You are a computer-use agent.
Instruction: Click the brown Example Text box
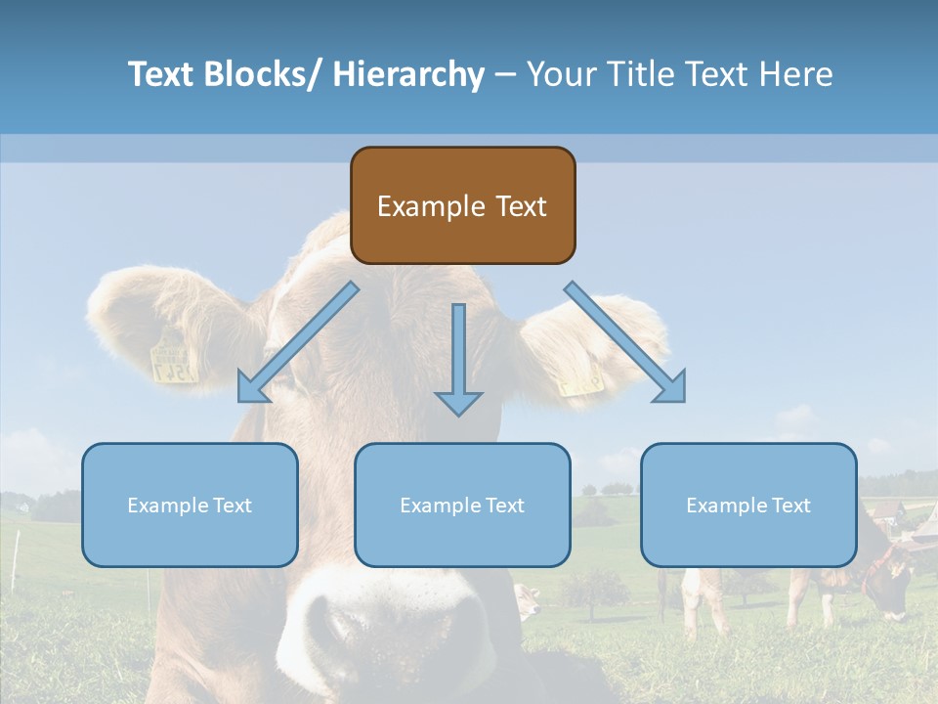pyautogui.click(x=462, y=205)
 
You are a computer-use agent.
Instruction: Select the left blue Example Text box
pyautogui.click(x=190, y=506)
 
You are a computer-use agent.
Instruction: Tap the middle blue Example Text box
pyautogui.click(x=462, y=506)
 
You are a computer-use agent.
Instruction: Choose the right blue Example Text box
pyautogui.click(x=748, y=506)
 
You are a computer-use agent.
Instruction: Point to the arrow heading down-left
pyautogui.click(x=294, y=346)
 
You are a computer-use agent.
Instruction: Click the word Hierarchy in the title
pyautogui.click(x=408, y=74)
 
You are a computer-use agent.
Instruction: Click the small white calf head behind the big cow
pyautogui.click(x=527, y=601)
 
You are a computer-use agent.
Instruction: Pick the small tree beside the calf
pyautogui.click(x=592, y=587)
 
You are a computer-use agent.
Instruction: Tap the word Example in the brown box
pyautogui.click(x=417, y=206)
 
